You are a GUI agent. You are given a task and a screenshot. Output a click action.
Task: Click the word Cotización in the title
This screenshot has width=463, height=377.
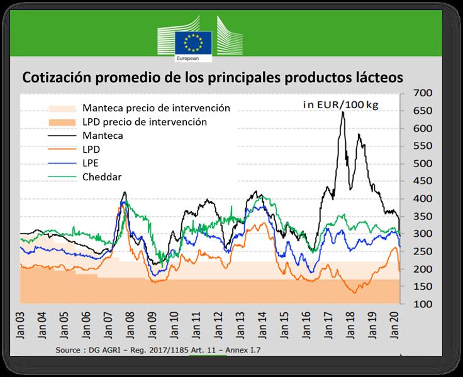[x=57, y=78]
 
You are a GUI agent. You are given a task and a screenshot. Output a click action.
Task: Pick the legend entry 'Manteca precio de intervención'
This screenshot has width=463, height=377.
[x=156, y=108]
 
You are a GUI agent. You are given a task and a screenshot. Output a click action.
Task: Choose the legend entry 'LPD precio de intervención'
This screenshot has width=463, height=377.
[x=144, y=121]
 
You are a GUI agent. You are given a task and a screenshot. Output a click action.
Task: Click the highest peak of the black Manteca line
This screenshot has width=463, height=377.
[x=343, y=112]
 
